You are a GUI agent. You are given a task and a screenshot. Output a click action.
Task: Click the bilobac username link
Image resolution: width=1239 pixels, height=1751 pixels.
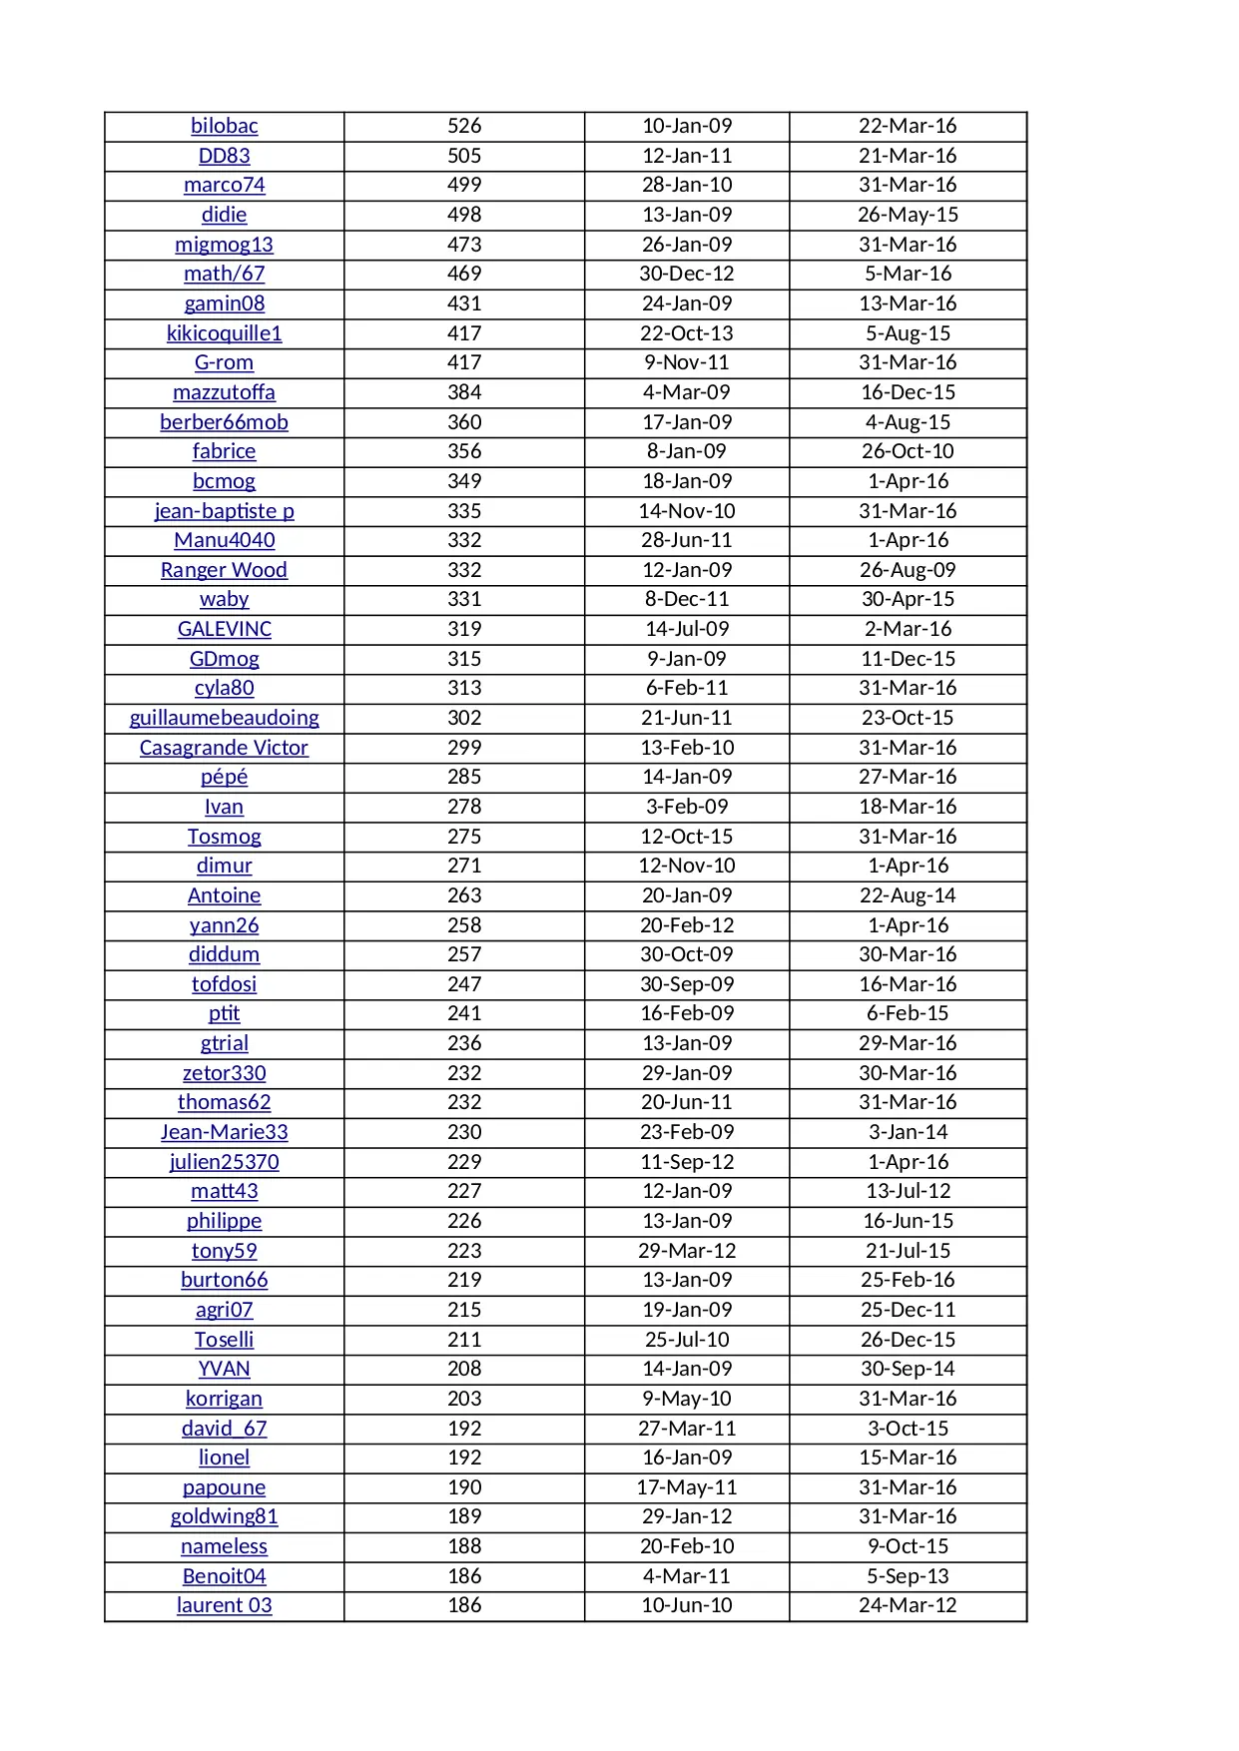pyautogui.click(x=224, y=126)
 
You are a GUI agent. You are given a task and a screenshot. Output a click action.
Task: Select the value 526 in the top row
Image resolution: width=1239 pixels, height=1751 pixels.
pyautogui.click(x=464, y=126)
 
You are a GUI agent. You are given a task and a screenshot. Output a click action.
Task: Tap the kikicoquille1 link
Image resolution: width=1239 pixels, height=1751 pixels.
pyautogui.click(x=224, y=333)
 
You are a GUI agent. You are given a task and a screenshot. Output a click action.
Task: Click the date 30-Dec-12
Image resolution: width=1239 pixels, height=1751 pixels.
pyautogui.click(x=687, y=274)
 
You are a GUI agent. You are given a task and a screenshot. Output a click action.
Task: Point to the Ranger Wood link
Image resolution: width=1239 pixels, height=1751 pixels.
pyautogui.click(x=224, y=570)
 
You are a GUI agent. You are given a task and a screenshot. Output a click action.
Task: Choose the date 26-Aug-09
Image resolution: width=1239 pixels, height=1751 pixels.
pyautogui.click(x=908, y=570)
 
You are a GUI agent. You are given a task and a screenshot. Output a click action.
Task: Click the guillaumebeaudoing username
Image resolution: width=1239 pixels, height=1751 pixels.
pyautogui.click(x=224, y=718)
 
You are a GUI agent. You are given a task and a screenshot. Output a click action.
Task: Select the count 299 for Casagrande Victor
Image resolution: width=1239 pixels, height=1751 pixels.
pyautogui.click(x=464, y=748)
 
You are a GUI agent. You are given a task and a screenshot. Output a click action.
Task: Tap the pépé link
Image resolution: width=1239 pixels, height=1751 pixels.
pyautogui.click(x=224, y=777)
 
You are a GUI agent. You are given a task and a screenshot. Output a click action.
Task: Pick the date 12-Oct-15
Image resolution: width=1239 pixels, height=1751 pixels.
pyautogui.click(x=687, y=837)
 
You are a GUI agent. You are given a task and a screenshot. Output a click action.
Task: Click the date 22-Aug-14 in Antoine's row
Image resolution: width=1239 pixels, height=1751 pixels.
pyautogui.click(x=908, y=895)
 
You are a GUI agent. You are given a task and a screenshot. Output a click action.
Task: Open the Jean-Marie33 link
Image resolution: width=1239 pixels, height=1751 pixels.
pyautogui.click(x=224, y=1132)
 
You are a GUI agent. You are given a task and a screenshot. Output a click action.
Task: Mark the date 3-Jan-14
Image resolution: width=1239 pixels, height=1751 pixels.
pyautogui.click(x=908, y=1132)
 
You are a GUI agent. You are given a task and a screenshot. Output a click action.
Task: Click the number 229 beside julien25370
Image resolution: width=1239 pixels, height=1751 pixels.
pyautogui.click(x=464, y=1162)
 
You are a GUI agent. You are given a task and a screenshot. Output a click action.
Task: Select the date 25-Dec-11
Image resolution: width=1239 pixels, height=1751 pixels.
pyautogui.click(x=908, y=1310)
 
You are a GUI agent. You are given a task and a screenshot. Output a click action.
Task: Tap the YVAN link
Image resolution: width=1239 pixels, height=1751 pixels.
pyautogui.click(x=224, y=1369)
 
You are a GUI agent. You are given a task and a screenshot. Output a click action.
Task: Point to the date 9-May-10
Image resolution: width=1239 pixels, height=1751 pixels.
pyautogui.click(x=687, y=1399)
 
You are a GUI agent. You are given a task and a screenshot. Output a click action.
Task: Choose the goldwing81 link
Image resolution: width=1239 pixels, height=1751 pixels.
pyautogui.click(x=224, y=1516)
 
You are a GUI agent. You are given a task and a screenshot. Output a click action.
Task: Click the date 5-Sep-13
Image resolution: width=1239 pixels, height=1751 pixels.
pyautogui.click(x=908, y=1576)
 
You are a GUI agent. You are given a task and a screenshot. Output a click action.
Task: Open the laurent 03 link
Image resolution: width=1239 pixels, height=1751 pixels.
pyautogui.click(x=224, y=1605)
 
